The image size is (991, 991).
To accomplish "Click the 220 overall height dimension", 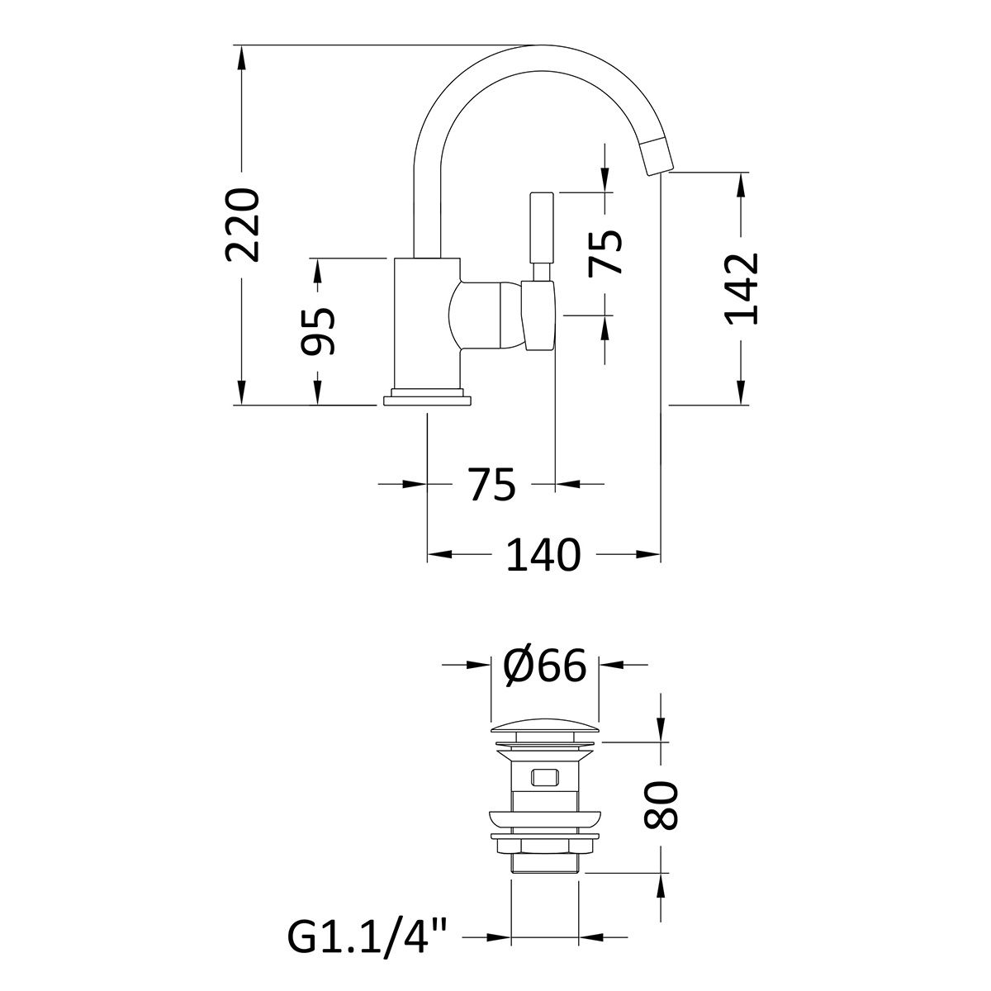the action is pos(242,225).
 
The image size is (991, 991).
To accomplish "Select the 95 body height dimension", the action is pos(317,331).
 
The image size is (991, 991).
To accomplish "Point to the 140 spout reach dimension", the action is pos(543,554).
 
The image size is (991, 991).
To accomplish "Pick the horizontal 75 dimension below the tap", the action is pos(491,484).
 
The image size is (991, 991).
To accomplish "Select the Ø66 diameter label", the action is pos(544,665).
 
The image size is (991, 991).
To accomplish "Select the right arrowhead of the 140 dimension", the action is pos(647,554).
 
